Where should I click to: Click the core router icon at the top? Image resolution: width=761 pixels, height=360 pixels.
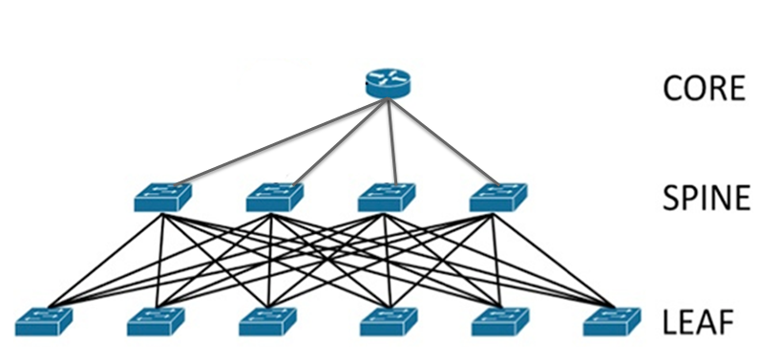pyautogui.click(x=387, y=82)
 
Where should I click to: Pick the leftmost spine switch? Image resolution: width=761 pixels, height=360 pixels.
pyautogui.click(x=162, y=197)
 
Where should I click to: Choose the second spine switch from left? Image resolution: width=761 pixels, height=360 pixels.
pyautogui.click(x=274, y=197)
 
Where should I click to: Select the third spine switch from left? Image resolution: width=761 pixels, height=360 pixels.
pyautogui.click(x=386, y=197)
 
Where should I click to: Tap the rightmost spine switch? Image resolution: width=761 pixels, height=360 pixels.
pyautogui.click(x=497, y=197)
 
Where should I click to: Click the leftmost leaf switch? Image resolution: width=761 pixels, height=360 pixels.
pyautogui.click(x=44, y=322)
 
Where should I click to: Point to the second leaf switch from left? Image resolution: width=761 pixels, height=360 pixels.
pyautogui.click(x=155, y=322)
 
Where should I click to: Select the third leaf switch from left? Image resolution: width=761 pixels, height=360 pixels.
pyautogui.click(x=267, y=322)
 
